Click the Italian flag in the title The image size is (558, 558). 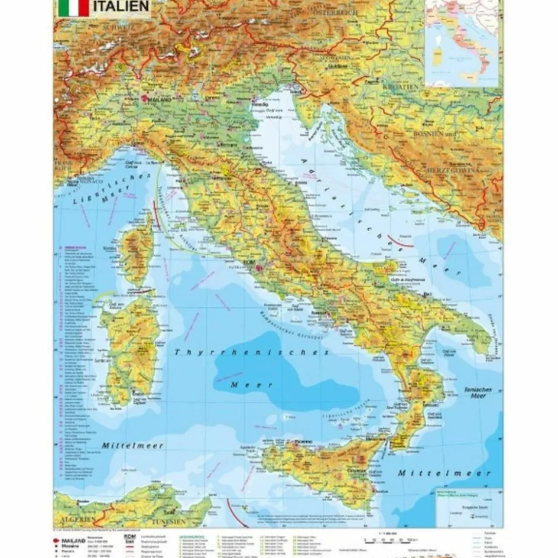tap(74, 8)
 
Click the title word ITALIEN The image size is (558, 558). tap(121, 7)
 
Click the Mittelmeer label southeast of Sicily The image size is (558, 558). tap(444, 473)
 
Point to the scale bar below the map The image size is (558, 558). tap(390, 540)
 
